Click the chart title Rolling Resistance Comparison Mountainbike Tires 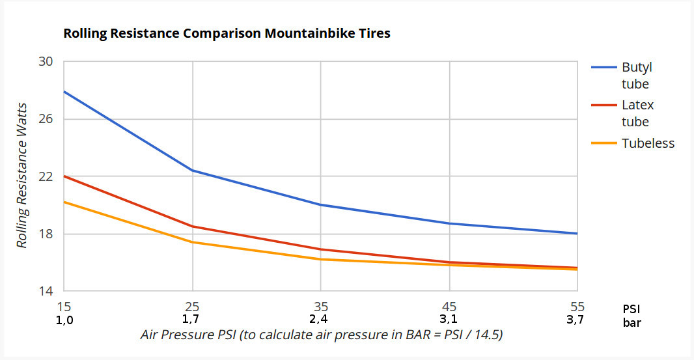227,33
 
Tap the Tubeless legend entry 648,143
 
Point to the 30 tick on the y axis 46,62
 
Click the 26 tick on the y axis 46,119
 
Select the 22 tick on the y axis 46,176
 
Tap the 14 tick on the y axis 46,291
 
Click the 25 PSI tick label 192,307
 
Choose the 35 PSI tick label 320,307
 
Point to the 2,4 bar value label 320,320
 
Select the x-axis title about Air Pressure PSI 322,335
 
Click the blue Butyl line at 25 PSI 192,171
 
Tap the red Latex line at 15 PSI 64,176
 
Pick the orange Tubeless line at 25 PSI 192,242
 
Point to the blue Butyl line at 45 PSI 449,223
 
